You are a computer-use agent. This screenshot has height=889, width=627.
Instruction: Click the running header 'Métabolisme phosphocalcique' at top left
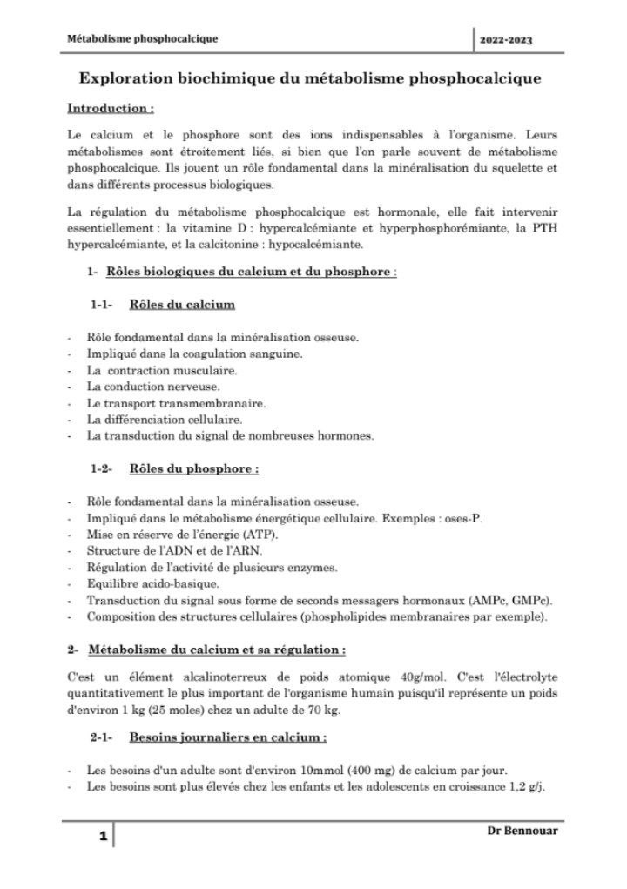[x=142, y=38]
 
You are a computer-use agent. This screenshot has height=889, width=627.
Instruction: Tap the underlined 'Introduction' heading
[x=110, y=110]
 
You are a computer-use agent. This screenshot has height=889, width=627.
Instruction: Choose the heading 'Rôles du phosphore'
[x=193, y=469]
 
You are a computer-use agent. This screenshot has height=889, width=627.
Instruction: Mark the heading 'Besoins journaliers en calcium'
[x=227, y=737]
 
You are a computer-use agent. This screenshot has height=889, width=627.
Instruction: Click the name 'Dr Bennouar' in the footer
[x=522, y=831]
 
